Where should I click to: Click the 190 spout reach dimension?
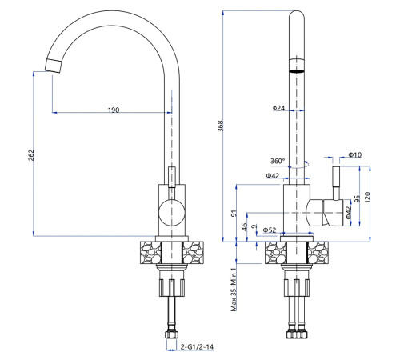click(x=114, y=110)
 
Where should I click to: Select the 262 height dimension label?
click(x=31, y=154)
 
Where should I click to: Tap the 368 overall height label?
click(x=220, y=126)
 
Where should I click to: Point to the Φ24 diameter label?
click(x=278, y=108)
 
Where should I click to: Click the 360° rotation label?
click(x=278, y=161)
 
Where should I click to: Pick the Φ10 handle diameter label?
click(x=355, y=154)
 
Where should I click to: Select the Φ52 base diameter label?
click(x=270, y=230)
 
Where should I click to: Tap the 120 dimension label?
click(x=367, y=198)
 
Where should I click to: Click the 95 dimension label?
click(x=357, y=198)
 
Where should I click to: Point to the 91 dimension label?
click(x=234, y=214)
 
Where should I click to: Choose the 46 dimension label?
click(x=244, y=226)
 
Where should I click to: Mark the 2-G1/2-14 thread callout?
click(x=197, y=347)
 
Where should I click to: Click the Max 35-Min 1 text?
click(x=234, y=290)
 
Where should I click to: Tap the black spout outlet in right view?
click(x=297, y=71)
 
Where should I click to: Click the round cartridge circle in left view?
click(x=171, y=213)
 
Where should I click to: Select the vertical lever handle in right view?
click(x=336, y=183)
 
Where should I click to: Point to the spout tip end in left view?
click(x=54, y=66)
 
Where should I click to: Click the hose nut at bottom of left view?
click(x=171, y=334)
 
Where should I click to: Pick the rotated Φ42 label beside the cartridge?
click(x=348, y=213)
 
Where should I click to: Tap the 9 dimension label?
click(x=254, y=226)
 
